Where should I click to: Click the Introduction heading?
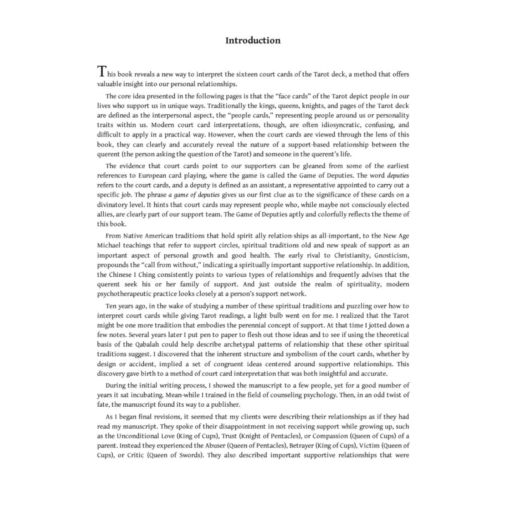coord(253,40)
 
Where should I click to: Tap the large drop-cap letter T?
coord(101,72)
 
